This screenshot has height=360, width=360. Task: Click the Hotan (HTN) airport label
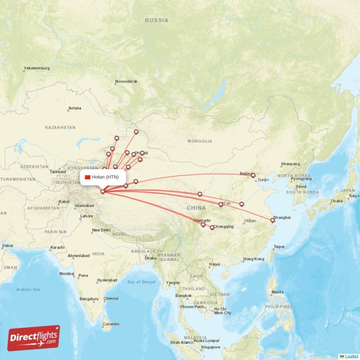coord(105,177)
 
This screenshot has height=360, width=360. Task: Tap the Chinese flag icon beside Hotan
coord(88,177)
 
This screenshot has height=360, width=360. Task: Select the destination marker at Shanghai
coord(272,220)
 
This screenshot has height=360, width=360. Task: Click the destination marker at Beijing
coord(253,175)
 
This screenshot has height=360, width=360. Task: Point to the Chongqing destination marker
coord(212,227)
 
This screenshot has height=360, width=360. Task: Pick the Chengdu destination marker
coord(203,224)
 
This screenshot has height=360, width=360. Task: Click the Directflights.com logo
coord(34,338)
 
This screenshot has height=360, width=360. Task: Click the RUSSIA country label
coord(157,20)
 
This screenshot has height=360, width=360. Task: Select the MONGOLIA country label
coord(200,141)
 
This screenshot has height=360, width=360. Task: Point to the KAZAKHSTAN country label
coord(60,127)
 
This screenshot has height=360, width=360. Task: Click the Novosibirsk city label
coord(126,81)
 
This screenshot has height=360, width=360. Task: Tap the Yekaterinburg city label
coord(36,68)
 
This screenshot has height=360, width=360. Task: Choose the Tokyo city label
coord(354,196)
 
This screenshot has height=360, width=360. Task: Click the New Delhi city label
coord(101,230)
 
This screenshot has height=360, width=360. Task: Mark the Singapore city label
coord(211,347)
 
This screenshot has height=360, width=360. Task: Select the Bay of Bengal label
coord(141,282)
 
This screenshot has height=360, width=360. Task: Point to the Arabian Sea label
coord(28,289)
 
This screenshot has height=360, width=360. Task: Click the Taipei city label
coord(279,247)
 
